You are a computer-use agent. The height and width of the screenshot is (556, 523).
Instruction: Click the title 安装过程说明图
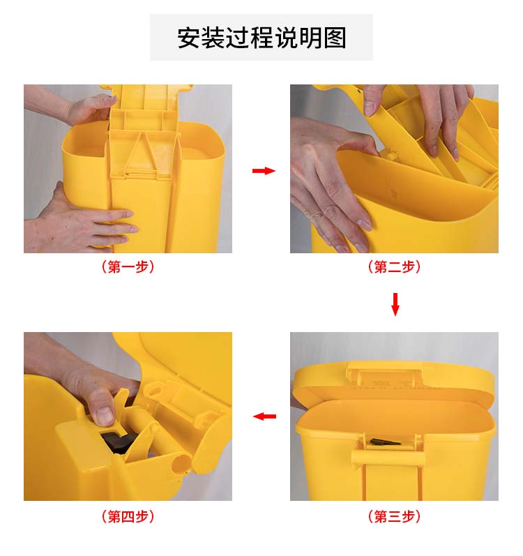pos(261,38)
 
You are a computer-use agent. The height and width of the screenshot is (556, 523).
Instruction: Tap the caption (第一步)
pos(128,266)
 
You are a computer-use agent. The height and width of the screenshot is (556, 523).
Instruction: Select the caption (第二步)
pos(394,266)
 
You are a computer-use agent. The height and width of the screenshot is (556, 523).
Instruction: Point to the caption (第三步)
pos(394,516)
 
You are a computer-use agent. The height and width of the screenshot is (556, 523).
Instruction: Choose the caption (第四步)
pos(128,516)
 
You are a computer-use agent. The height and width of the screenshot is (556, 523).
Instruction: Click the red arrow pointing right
pos(264,171)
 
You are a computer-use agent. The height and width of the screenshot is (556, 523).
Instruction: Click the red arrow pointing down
pos(395,304)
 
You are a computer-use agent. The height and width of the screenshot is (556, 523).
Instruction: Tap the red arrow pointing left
pos(264,416)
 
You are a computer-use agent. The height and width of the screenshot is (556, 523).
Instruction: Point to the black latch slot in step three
pos(385,442)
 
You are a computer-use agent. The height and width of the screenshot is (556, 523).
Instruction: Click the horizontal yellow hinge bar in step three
pos(387,457)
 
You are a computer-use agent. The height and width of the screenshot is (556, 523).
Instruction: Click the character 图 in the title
pos(335,38)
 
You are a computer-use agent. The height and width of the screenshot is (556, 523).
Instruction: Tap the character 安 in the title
pos(189,38)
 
